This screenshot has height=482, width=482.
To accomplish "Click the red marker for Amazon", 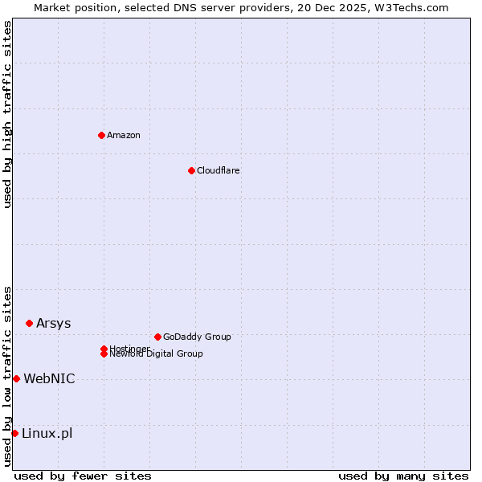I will point(101,135).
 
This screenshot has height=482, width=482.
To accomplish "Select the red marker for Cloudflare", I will point(191,170).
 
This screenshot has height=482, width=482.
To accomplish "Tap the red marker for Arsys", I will point(29,323).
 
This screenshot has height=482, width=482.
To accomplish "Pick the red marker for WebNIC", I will point(16,378).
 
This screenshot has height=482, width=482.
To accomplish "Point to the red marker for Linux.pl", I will point(14,433).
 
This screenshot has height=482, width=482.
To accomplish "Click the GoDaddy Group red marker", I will point(157,337).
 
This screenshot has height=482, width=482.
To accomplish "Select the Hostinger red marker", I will point(104,349).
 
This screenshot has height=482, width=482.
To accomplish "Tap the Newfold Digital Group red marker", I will point(104,354).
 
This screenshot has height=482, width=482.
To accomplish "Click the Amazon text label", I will point(123,135).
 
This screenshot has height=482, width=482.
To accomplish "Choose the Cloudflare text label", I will point(218,170).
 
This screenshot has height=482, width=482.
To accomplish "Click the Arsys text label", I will point(53,323).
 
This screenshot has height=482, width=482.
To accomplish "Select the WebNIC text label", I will point(49,378).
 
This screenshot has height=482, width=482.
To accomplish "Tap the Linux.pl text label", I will point(47,433).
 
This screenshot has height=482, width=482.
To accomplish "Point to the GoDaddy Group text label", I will point(196,337).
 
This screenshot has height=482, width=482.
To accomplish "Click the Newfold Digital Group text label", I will point(156,354).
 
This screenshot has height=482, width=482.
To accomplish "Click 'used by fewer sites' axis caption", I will point(83,476).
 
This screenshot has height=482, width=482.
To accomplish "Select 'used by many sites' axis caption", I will point(403,476).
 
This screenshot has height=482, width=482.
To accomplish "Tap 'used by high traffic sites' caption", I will point(7,114).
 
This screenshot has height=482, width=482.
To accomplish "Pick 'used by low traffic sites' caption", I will point(7,376).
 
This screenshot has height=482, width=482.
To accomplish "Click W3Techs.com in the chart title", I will point(414,7).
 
